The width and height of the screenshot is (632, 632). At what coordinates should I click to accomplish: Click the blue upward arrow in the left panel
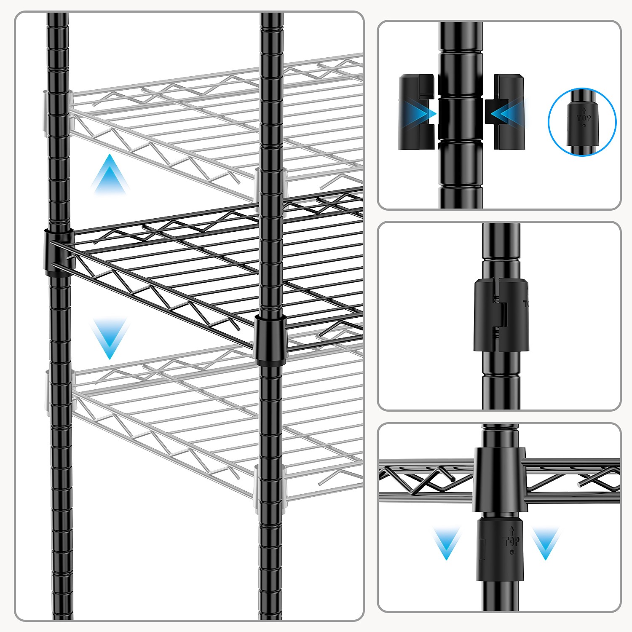click(110, 175)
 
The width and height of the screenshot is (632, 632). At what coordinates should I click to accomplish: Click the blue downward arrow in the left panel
click(110, 337)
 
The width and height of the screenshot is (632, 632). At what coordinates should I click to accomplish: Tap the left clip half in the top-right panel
click(416, 112)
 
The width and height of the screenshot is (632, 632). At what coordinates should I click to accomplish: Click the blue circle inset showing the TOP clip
click(582, 122)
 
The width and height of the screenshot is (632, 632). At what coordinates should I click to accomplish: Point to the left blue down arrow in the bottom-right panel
click(447, 544)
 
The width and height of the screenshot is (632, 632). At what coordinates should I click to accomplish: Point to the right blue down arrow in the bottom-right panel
click(546, 544)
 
